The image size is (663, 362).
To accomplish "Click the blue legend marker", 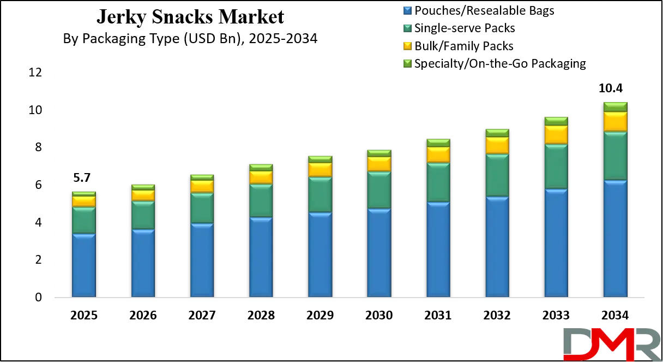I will [x=407, y=10].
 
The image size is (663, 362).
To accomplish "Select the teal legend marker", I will [x=407, y=28].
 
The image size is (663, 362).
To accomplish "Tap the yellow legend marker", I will [x=407, y=46].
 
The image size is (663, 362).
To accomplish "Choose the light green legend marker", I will [x=407, y=63].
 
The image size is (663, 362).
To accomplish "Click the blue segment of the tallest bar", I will [x=615, y=239].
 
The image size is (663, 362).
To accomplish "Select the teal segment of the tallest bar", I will [x=615, y=156].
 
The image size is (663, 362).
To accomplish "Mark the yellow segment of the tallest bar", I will [x=615, y=122].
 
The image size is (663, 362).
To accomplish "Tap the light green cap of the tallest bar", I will [x=615, y=107].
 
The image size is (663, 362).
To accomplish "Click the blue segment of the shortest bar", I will [x=83, y=265].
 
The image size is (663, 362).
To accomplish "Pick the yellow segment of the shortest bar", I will [x=83, y=201].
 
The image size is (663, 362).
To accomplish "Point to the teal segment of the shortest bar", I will [x=83, y=220].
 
